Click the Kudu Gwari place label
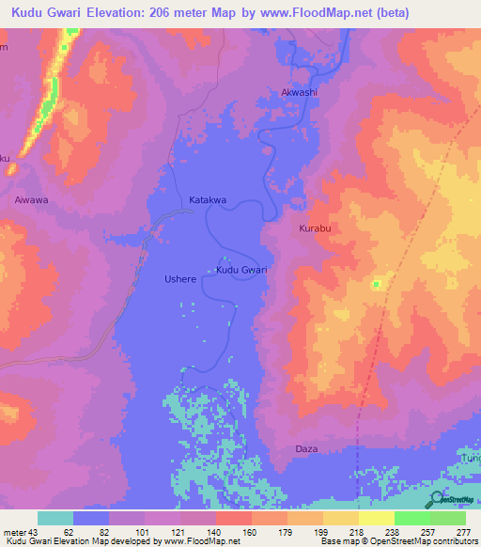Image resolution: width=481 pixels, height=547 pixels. click(x=241, y=271)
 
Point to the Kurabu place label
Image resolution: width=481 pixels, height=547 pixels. click(x=317, y=229)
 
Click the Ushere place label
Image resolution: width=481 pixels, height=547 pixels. click(x=180, y=279)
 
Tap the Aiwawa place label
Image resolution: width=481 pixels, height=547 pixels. click(x=31, y=200)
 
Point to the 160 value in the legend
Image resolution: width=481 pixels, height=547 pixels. click(x=251, y=532)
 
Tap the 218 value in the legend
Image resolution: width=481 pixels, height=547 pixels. click(x=357, y=532)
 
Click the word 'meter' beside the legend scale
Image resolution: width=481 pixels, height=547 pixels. click(x=15, y=532)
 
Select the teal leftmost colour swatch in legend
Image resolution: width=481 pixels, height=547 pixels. click(x=55, y=518)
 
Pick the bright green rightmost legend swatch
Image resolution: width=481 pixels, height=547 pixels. click(x=448, y=518)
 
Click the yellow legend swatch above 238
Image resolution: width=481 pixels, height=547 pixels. click(x=377, y=518)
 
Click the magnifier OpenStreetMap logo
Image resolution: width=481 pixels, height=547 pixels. click(x=435, y=500)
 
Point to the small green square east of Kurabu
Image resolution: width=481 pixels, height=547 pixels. click(x=376, y=284)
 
